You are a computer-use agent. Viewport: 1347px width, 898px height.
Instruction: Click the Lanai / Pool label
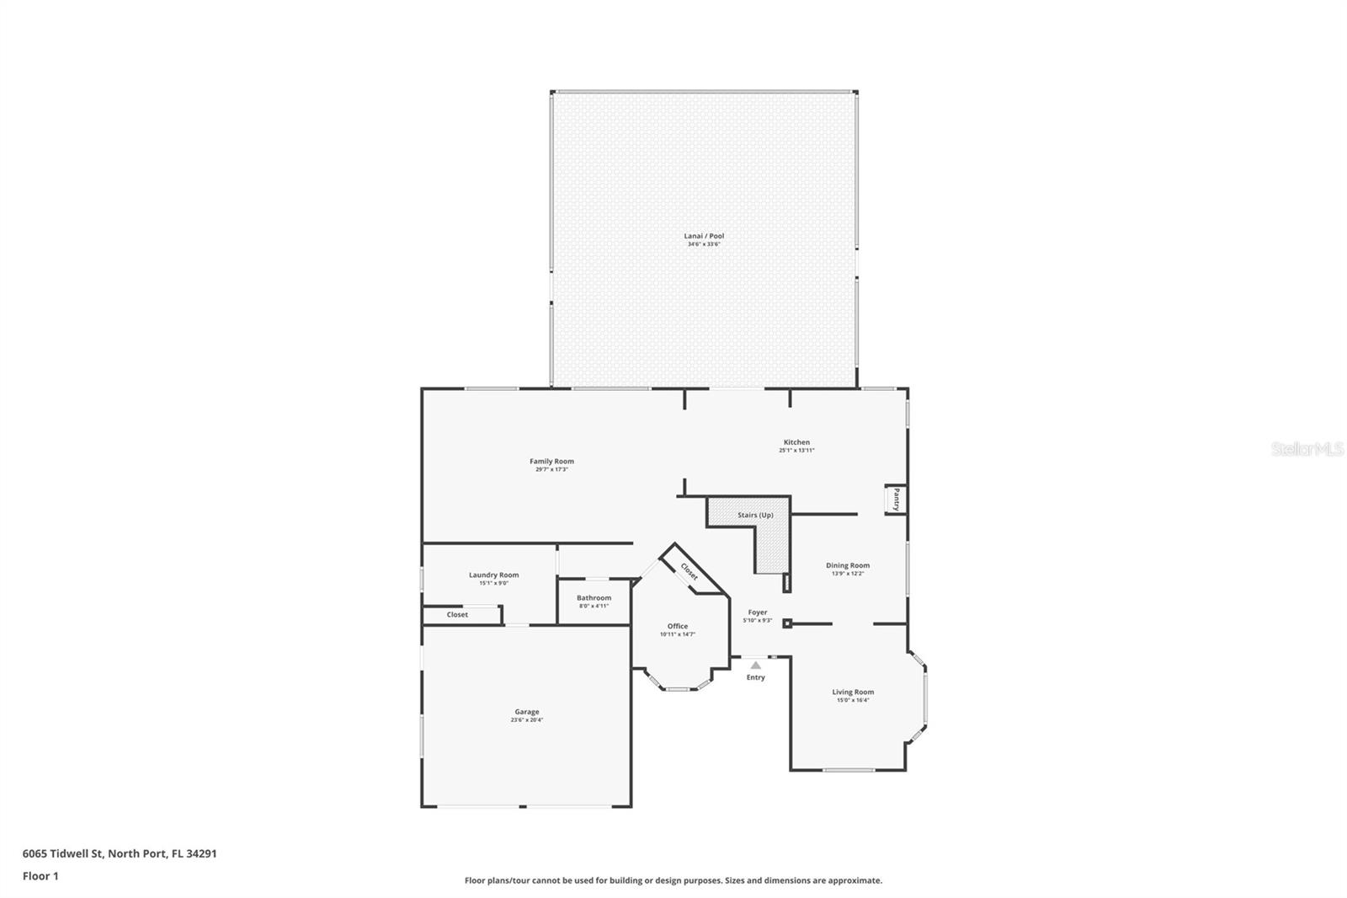pos(704,236)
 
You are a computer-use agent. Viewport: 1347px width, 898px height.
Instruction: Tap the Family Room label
pos(551,461)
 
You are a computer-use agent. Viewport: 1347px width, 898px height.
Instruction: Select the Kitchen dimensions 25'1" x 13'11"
pos(796,451)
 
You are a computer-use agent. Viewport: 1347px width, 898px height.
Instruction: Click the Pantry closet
pos(896,500)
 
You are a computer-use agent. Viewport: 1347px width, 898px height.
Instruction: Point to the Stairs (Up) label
pos(755,515)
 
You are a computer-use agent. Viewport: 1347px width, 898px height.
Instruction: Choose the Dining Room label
pos(847,565)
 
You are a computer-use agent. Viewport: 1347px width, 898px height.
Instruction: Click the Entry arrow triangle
pos(756,665)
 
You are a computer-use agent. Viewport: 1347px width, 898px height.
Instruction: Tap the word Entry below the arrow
pos(756,677)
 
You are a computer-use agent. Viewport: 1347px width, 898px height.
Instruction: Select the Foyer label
pos(758,612)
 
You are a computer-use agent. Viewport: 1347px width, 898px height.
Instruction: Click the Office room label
pos(678,626)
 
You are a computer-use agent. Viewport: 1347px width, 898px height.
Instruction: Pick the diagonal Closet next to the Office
pos(689,572)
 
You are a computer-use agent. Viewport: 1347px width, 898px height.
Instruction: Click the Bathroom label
pos(594,597)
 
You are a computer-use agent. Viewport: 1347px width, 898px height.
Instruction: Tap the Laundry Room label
pos(493,575)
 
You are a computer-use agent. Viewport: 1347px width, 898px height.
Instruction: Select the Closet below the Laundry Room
pos(457,615)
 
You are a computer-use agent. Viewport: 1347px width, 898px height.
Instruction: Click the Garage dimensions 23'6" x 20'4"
pos(527,720)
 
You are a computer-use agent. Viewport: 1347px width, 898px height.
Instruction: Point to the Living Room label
pos(853,692)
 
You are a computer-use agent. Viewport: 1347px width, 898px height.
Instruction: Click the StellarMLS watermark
pos(1307,450)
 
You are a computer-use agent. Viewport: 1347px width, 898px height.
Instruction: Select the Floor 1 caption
pos(40,876)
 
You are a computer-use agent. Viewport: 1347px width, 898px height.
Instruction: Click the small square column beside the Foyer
pos(787,623)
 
